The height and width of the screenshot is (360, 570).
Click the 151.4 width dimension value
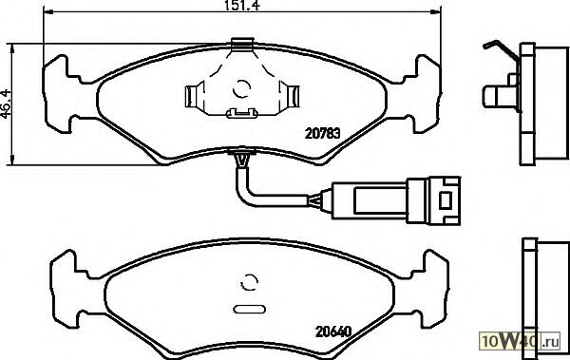click(x=241, y=5)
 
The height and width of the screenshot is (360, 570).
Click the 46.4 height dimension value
click(x=7, y=104)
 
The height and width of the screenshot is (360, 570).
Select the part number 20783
click(x=322, y=134)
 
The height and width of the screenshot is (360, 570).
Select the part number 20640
click(x=333, y=332)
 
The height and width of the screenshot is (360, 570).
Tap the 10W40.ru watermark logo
click(x=521, y=341)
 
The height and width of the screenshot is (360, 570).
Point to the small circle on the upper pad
click(x=241, y=88)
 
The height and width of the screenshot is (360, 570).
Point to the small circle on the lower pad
click(x=249, y=281)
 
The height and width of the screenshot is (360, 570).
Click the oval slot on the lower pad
click(x=249, y=310)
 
